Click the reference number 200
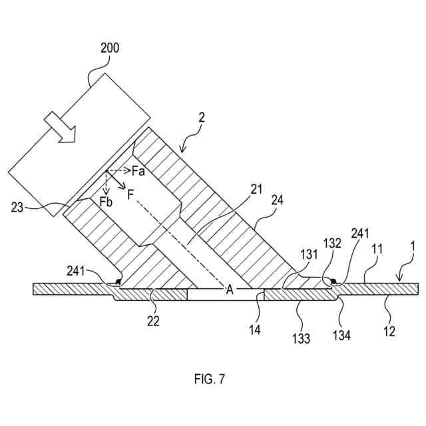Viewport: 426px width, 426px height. coord(110,48)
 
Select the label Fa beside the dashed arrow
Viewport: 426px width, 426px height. coord(138,171)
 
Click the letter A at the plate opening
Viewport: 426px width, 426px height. coord(230,290)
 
